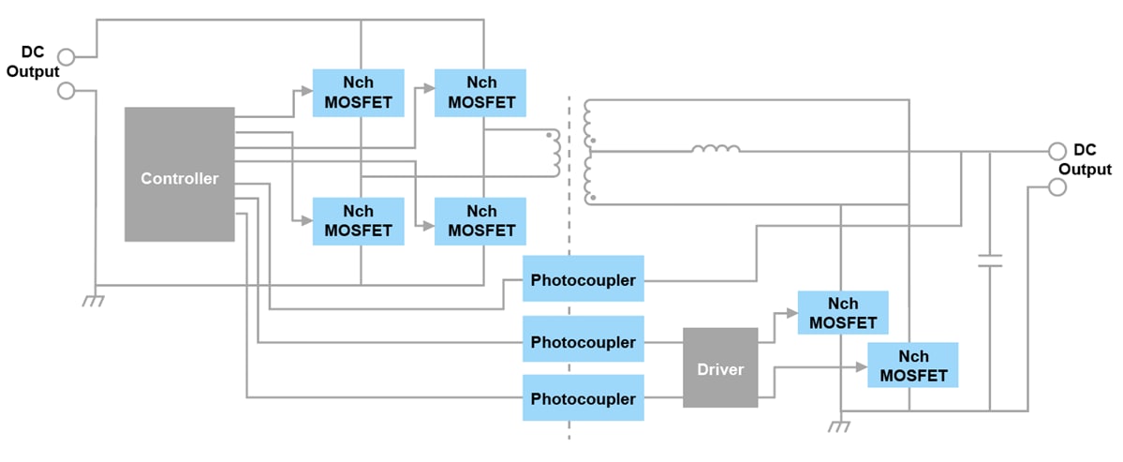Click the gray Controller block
pyautogui.click(x=179, y=174)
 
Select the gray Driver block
pyautogui.click(x=720, y=367)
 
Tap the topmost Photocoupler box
pyautogui.click(x=584, y=279)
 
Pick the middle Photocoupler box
pyautogui.click(x=584, y=342)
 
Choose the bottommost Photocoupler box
pyautogui.click(x=584, y=398)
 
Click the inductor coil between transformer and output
pyautogui.click(x=716, y=148)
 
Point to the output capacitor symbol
pyautogui.click(x=989, y=260)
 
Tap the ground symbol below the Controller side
pyautogui.click(x=93, y=300)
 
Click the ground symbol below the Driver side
pyautogui.click(x=840, y=426)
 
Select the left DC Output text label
pyautogui.click(x=33, y=62)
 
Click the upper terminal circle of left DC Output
pyautogui.click(x=66, y=55)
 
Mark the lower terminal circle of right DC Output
pyautogui.click(x=1057, y=187)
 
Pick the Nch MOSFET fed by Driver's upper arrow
pyautogui.click(x=842, y=313)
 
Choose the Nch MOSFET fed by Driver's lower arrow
pyautogui.click(x=913, y=365)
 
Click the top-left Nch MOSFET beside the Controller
pyautogui.click(x=358, y=92)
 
